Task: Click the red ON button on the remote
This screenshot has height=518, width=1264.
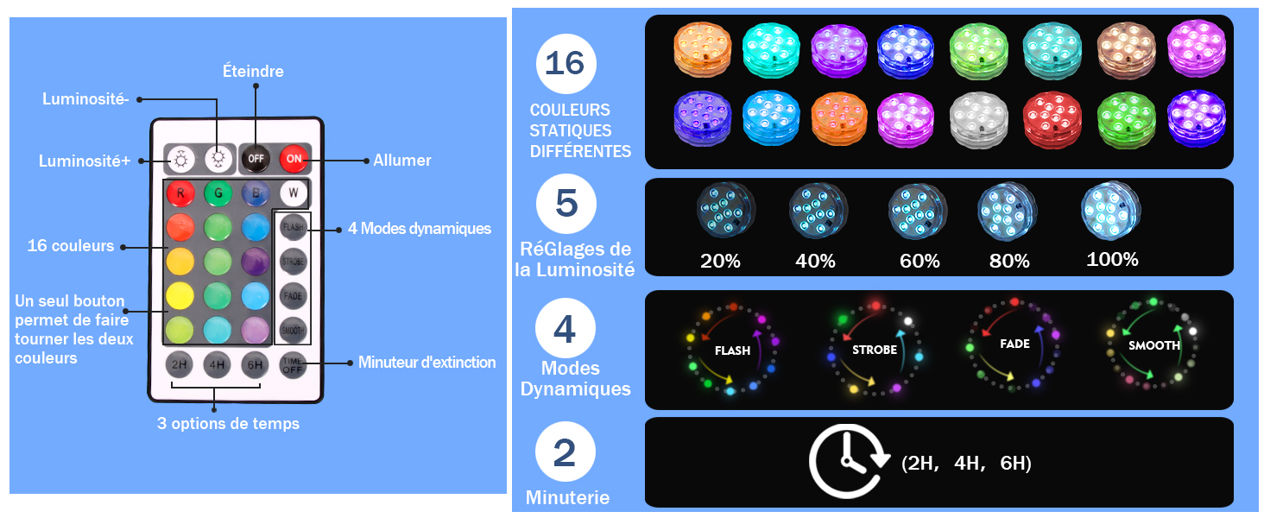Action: (294, 159)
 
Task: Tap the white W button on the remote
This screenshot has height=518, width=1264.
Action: (294, 193)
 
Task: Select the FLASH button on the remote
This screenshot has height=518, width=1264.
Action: (294, 227)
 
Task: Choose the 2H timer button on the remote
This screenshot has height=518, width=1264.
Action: (180, 364)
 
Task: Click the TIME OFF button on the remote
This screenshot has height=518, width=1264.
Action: (293, 365)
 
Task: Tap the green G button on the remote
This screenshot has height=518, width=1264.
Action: (218, 193)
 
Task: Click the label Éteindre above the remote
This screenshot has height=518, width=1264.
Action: (253, 71)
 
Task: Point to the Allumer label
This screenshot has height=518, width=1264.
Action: (401, 161)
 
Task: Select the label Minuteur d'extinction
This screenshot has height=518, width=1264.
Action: (427, 363)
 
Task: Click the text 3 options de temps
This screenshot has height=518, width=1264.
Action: (228, 424)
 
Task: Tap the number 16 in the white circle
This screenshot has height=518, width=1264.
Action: (566, 63)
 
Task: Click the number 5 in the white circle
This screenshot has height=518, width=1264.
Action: (566, 203)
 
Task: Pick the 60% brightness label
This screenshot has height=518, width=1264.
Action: (920, 261)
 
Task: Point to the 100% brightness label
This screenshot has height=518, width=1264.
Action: (1112, 259)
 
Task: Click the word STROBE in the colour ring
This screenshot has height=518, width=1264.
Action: (875, 350)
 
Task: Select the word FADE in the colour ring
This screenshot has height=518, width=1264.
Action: (1014, 344)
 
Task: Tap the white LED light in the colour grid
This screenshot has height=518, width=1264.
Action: (979, 120)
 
